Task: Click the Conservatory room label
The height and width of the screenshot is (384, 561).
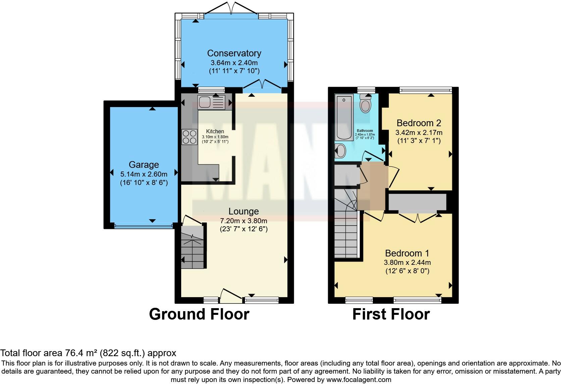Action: (x=234, y=53)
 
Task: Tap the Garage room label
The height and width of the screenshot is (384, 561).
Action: (x=144, y=165)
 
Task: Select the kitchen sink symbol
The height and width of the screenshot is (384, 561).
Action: (x=211, y=102)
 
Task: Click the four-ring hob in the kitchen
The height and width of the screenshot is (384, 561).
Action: (x=189, y=137)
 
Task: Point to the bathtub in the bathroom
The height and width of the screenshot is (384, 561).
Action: (x=344, y=117)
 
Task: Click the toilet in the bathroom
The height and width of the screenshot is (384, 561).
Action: (x=365, y=104)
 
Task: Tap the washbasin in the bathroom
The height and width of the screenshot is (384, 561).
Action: (x=340, y=151)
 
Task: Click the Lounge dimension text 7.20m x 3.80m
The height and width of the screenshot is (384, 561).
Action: (x=244, y=221)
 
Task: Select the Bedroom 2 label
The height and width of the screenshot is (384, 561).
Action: (x=419, y=123)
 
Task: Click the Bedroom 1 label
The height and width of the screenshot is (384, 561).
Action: (x=407, y=253)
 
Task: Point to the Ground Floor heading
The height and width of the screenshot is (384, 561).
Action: (x=199, y=314)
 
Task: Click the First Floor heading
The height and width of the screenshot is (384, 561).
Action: (x=391, y=314)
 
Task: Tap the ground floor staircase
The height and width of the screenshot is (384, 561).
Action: (x=193, y=248)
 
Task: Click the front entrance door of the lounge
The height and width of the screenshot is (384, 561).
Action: (x=231, y=295)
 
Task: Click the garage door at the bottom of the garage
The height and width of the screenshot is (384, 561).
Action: (x=143, y=226)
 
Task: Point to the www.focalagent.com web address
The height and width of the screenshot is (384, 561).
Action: (x=359, y=380)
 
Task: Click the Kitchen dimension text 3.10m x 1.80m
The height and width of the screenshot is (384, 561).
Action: (x=215, y=137)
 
